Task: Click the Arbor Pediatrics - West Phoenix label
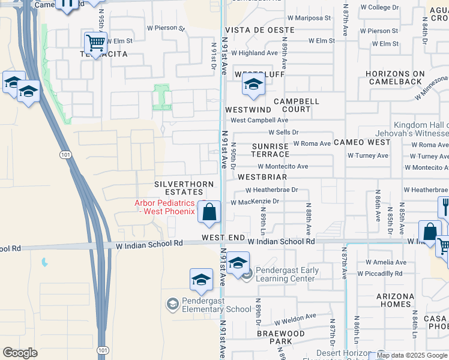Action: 164,207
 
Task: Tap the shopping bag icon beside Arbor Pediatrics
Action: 209,212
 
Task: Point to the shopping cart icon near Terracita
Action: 95,43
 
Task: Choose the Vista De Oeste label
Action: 259,30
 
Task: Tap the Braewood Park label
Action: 281,337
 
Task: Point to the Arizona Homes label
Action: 395,300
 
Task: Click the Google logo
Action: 20,353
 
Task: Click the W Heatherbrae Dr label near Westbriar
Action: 271,190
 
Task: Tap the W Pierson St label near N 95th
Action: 166,28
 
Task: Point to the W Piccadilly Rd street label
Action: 380,274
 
